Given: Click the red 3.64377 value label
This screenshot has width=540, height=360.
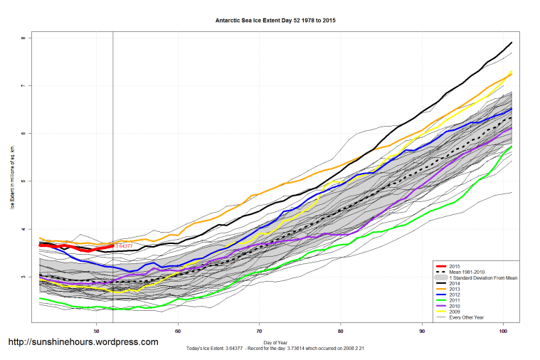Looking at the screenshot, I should tap(124, 246).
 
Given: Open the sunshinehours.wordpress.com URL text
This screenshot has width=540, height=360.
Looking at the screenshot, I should tap(83, 342).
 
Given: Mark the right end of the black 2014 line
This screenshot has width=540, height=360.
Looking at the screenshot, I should tap(512, 43).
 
